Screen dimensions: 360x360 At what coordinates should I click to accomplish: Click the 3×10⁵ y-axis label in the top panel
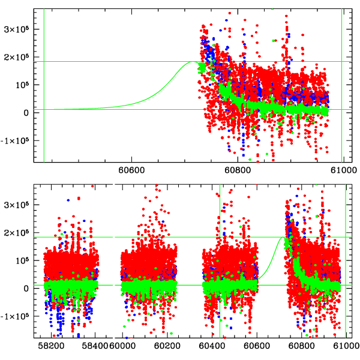point(17,29)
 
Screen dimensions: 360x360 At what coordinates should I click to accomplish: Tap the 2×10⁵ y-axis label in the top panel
point(17,56)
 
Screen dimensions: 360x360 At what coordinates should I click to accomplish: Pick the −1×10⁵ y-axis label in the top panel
point(15,140)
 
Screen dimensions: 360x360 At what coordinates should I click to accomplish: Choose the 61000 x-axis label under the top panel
point(342,170)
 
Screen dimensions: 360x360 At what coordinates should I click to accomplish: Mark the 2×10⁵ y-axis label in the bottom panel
point(17,232)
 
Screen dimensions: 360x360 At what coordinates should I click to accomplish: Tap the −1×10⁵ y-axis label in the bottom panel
point(15,316)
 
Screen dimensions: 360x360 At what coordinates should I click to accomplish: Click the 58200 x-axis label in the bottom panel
point(50,346)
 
